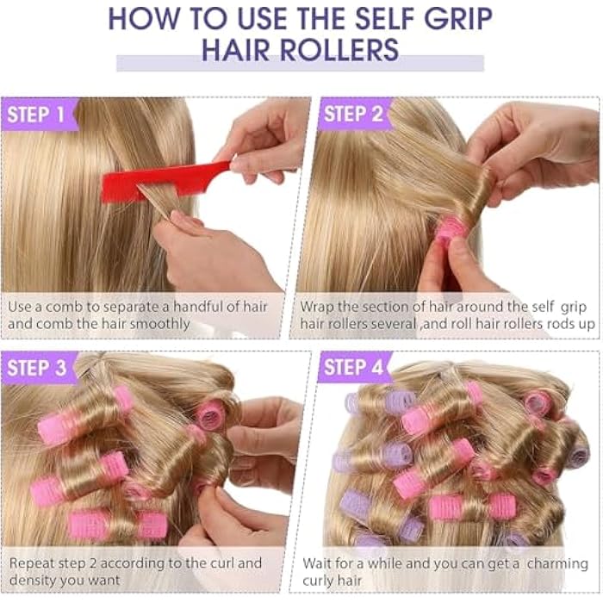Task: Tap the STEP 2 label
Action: (x=353, y=114)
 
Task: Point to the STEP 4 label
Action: (x=353, y=368)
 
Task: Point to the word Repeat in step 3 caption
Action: (x=34, y=563)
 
